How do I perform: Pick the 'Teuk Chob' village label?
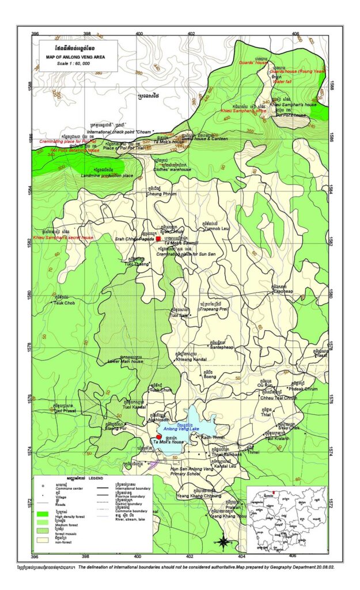point(64,302)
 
